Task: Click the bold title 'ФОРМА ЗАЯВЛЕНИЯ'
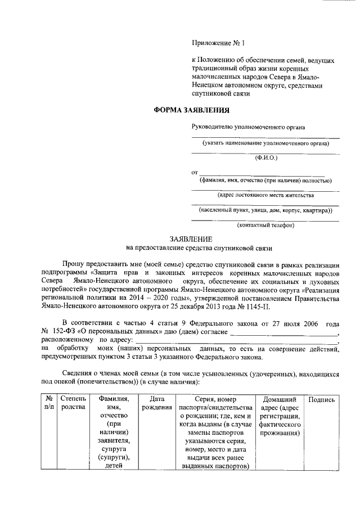click(x=192, y=110)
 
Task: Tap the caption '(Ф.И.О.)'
click(x=266, y=158)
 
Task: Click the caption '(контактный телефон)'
click(x=265, y=225)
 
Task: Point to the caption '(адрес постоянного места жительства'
click(x=265, y=195)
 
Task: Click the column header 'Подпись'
click(x=322, y=399)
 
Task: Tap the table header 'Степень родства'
click(x=73, y=403)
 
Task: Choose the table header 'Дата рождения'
click(x=157, y=403)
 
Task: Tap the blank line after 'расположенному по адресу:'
click(x=236, y=341)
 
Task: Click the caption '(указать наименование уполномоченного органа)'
click(x=266, y=143)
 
